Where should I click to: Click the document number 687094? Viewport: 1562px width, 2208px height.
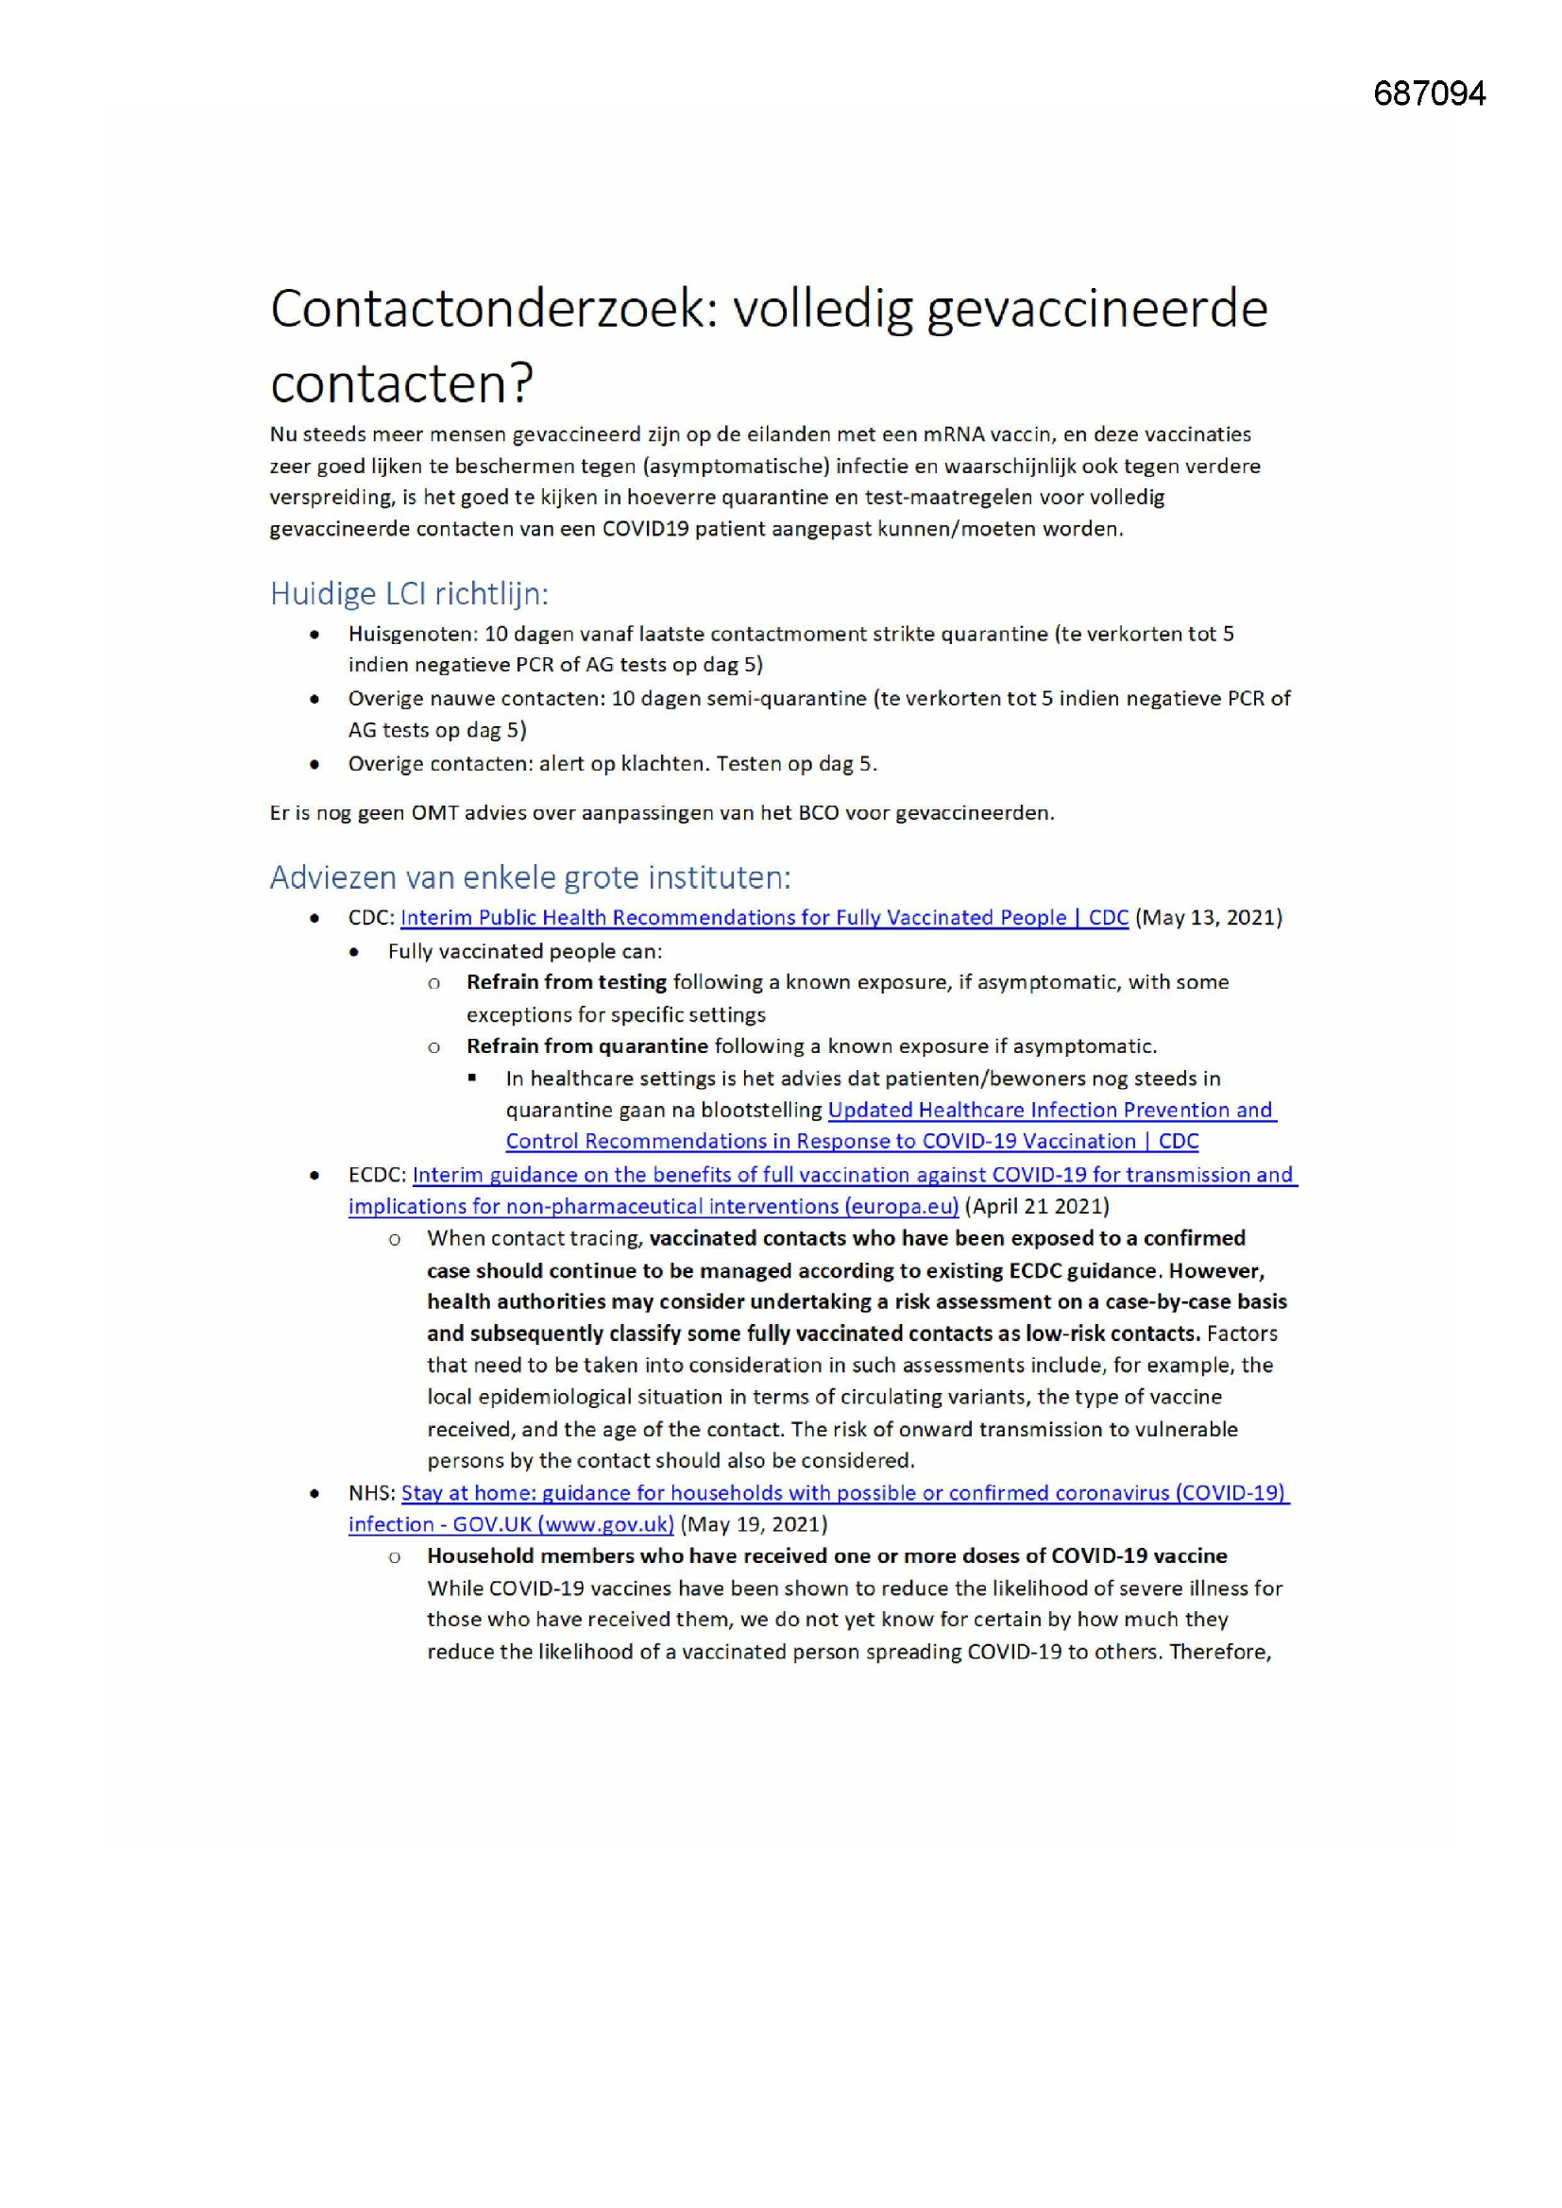(1429, 94)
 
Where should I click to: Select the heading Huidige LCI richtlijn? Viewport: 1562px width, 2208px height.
(409, 593)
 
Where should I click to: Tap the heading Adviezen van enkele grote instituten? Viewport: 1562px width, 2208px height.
(530, 877)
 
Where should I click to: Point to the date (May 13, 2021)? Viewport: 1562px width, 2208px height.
(1209, 917)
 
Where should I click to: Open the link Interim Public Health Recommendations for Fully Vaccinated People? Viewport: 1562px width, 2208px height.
(764, 917)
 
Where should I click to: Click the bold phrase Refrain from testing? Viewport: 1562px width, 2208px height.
(567, 982)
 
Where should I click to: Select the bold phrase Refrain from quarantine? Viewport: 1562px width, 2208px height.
(586, 1045)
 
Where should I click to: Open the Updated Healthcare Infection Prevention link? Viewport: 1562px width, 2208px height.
(1050, 1110)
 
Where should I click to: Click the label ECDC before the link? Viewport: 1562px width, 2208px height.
(376, 1174)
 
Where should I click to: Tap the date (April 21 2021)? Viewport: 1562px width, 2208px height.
(1037, 1206)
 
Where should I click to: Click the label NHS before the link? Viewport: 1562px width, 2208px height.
(371, 1492)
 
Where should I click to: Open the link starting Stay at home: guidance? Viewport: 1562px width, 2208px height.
(843, 1492)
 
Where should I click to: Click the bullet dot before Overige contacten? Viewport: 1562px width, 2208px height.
(314, 765)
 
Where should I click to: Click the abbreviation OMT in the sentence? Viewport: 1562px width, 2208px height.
(439, 813)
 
